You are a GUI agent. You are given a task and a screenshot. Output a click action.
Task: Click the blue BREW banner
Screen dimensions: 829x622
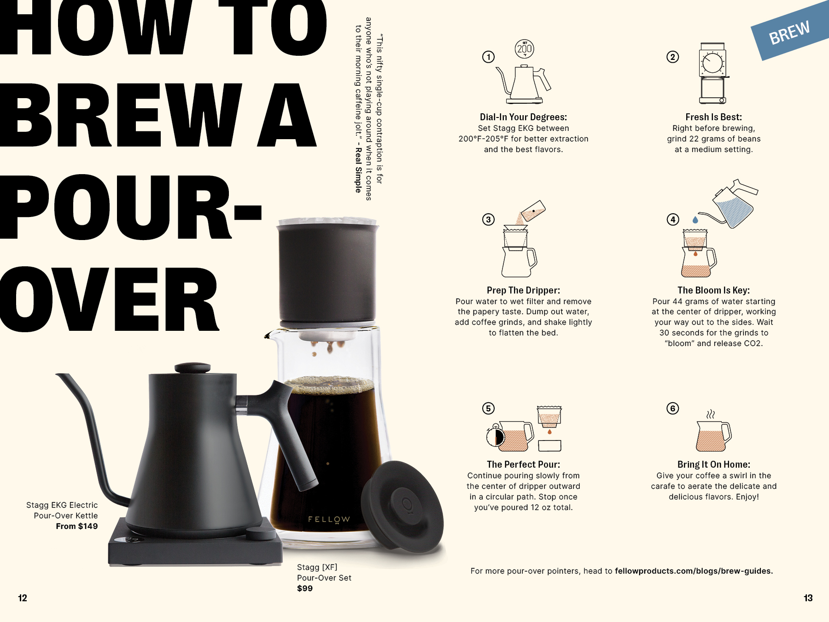click(x=790, y=31)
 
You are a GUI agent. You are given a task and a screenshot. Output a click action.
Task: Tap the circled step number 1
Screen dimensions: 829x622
click(x=488, y=57)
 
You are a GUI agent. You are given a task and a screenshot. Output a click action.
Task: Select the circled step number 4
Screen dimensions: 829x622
click(x=673, y=219)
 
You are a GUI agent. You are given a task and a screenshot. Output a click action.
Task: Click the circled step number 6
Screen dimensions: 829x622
click(x=673, y=408)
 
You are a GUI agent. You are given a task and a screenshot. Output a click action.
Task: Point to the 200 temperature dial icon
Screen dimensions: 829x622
click(x=524, y=49)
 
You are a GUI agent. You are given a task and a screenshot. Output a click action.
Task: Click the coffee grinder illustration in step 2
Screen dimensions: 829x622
click(x=713, y=73)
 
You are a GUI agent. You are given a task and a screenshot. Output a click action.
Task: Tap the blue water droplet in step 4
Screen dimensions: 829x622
click(x=695, y=220)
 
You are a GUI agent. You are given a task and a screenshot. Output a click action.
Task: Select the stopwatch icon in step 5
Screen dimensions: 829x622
click(x=496, y=436)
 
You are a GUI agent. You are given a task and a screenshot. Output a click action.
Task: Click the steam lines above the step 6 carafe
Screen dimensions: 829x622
click(x=711, y=414)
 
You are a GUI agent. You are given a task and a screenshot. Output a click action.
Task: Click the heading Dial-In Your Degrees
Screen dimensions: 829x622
click(x=523, y=117)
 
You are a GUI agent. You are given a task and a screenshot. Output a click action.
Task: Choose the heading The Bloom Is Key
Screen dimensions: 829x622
click(x=713, y=290)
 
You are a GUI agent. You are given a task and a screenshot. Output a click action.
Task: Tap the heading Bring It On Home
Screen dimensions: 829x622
click(x=713, y=464)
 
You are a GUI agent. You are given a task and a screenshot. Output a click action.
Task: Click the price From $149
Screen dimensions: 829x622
click(x=77, y=526)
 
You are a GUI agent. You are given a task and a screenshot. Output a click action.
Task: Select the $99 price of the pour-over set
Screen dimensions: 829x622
click(x=305, y=588)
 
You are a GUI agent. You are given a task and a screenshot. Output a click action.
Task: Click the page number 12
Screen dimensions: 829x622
click(x=23, y=598)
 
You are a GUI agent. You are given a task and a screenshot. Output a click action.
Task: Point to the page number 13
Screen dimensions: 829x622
click(x=808, y=598)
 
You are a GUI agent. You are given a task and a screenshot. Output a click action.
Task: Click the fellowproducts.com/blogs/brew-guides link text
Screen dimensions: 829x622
click(x=694, y=571)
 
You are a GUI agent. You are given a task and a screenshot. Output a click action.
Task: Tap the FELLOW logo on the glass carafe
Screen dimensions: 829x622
click(x=329, y=520)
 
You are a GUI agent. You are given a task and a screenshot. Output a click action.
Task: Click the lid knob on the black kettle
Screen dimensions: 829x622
click(x=193, y=367)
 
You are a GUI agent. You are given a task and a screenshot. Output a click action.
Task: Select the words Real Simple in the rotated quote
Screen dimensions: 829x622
click(x=358, y=170)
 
